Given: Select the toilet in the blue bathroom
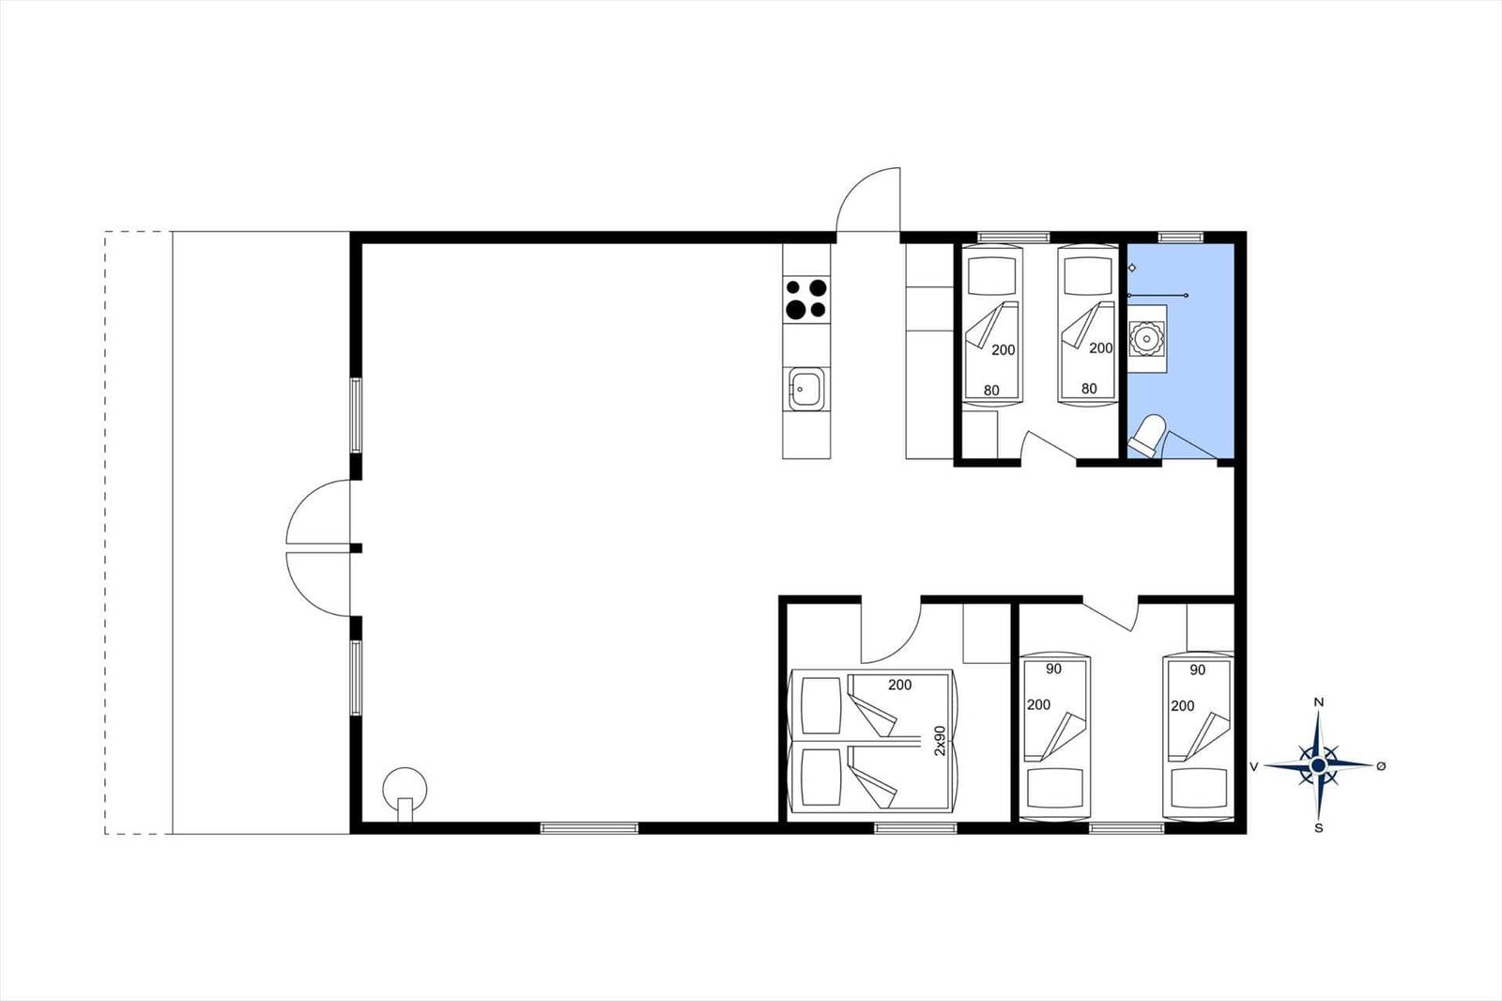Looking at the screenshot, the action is tap(1147, 436).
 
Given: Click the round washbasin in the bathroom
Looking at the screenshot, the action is tap(1146, 340).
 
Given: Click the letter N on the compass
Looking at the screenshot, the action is tap(1318, 702).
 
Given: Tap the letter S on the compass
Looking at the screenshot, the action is tap(1318, 828).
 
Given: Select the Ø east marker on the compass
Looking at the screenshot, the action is tap(1381, 766).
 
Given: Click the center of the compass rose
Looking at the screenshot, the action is tap(1318, 765).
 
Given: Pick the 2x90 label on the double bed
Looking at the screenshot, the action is tap(940, 741).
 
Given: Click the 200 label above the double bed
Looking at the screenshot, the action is tap(900, 685).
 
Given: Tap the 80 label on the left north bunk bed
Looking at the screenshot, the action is tap(991, 391).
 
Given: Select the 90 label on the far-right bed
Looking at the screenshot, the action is tap(1198, 670).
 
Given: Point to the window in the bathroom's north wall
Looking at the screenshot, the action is tap(1181, 237).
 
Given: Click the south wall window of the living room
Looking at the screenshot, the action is tap(590, 828).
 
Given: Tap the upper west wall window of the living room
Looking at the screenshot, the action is tap(356, 415).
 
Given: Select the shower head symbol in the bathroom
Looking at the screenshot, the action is tap(1132, 268).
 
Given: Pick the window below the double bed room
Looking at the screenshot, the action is tap(916, 828).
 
